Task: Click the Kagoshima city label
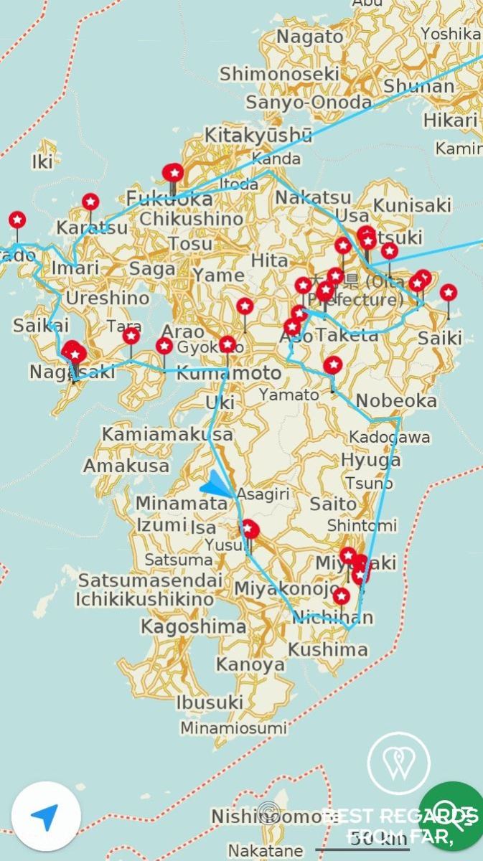(193, 627)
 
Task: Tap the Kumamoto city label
(229, 374)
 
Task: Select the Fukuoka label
(169, 198)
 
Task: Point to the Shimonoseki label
(279, 74)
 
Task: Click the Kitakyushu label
(258, 135)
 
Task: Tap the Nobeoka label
(396, 400)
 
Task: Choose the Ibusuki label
(210, 701)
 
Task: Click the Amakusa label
(126, 465)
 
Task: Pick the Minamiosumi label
(234, 728)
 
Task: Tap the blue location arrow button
(46, 817)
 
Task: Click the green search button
(451, 817)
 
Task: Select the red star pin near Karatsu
(90, 202)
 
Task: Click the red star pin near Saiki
(449, 293)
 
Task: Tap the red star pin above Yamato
(332, 365)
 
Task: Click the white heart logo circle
(398, 763)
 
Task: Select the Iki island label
(42, 162)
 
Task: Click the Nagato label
(310, 37)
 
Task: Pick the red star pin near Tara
(131, 336)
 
